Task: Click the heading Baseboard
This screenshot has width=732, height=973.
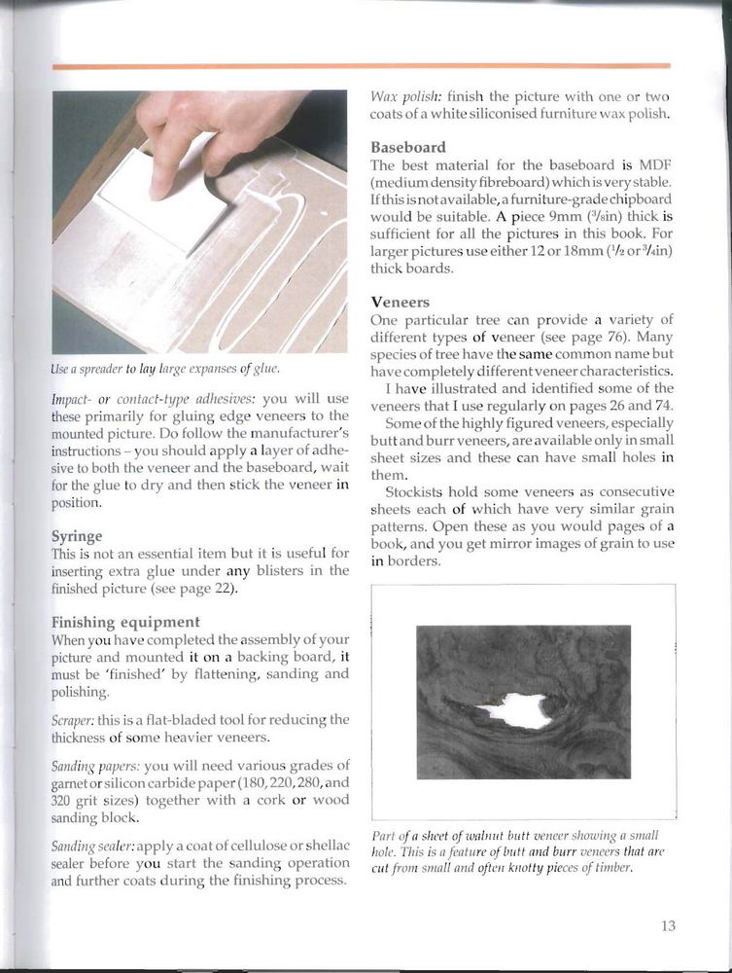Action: [x=408, y=147]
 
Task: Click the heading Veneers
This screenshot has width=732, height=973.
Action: [x=400, y=303]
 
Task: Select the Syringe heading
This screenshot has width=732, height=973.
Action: [x=77, y=535]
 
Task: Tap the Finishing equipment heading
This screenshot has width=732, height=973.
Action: [x=125, y=621]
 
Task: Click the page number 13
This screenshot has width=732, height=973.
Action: [x=667, y=925]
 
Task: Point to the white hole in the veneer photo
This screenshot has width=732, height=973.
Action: [x=515, y=709]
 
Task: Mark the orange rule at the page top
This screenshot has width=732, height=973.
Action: [x=361, y=66]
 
